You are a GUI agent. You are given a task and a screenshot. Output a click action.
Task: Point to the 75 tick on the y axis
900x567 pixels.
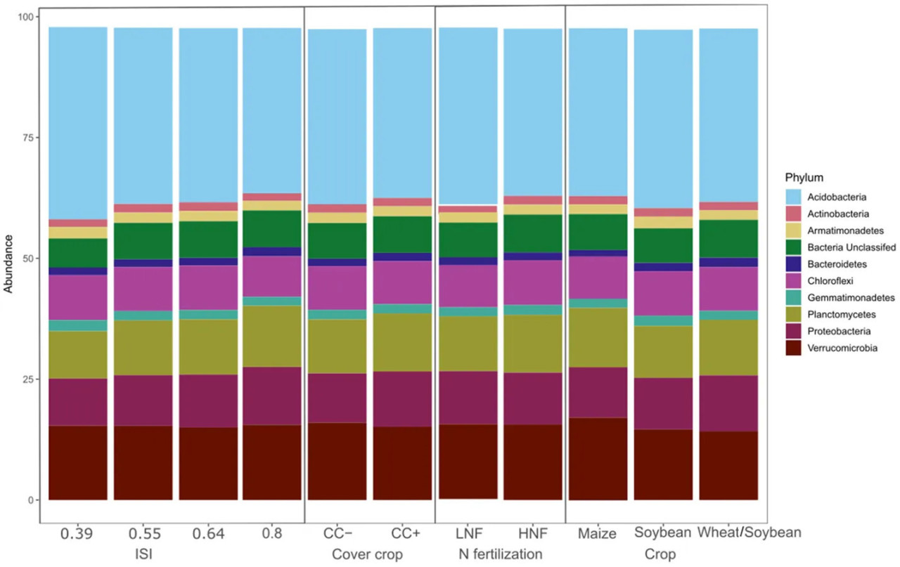(x=29, y=138)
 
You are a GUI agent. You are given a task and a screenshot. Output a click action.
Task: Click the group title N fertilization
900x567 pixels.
(x=500, y=555)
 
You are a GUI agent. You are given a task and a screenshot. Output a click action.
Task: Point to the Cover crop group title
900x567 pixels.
(x=366, y=555)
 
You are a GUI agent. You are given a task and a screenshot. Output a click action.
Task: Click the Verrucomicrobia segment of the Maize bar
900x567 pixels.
(x=597, y=460)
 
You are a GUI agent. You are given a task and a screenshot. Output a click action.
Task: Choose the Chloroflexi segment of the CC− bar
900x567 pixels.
(x=337, y=287)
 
